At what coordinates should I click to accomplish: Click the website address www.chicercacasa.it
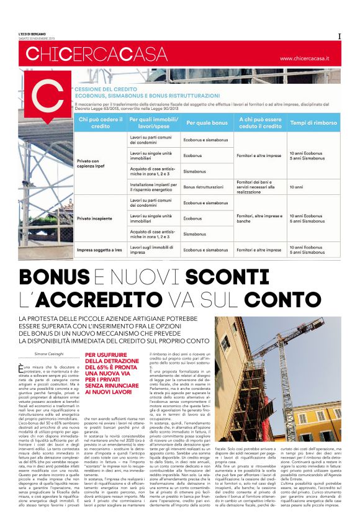point(313,59)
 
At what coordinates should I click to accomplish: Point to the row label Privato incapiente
point(94,218)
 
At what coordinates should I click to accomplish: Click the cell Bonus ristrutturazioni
point(203,186)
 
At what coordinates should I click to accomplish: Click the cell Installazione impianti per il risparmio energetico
point(153,186)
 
